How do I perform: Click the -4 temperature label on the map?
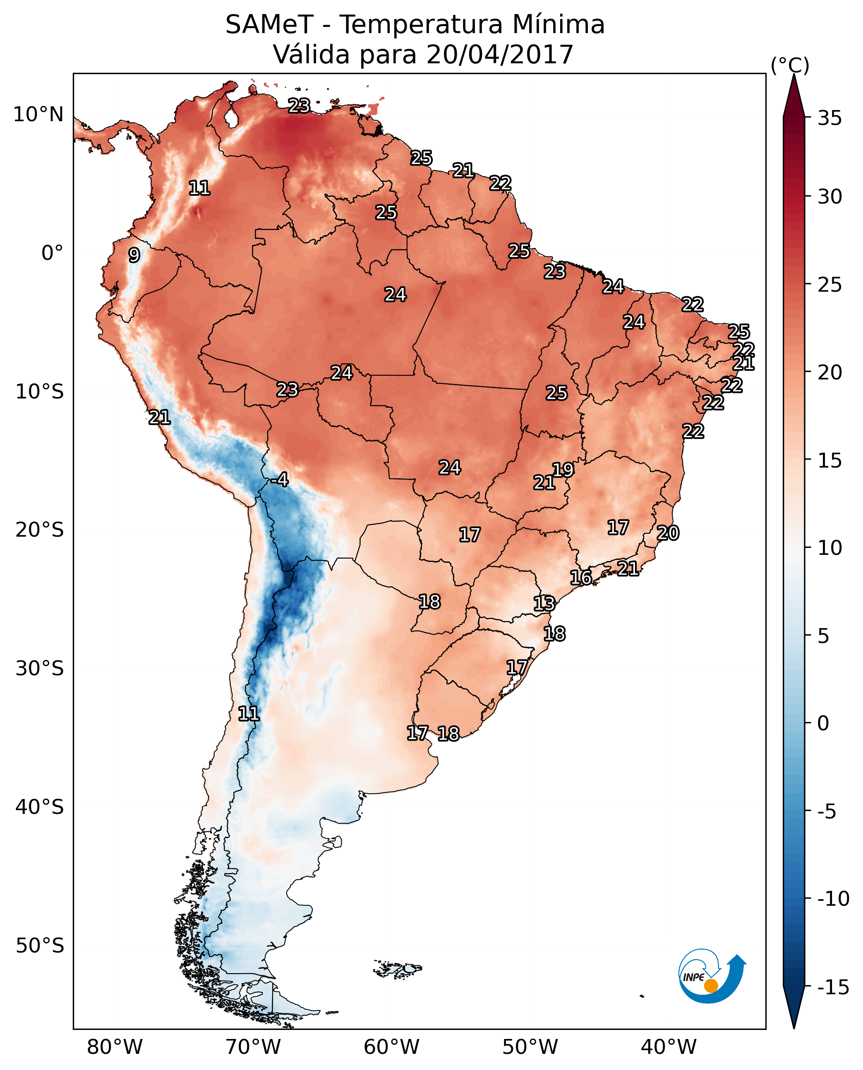click(280, 480)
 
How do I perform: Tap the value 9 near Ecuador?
click(134, 255)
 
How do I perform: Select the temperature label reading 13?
click(544, 604)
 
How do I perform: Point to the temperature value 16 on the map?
click(580, 578)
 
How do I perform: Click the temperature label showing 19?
click(563, 470)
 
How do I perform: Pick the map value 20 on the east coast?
click(668, 533)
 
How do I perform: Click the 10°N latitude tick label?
click(38, 115)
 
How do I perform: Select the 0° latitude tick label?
click(52, 253)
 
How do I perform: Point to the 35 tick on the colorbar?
click(829, 118)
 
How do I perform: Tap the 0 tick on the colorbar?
click(823, 723)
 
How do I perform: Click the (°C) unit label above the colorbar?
click(790, 65)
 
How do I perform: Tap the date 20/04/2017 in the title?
click(500, 54)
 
